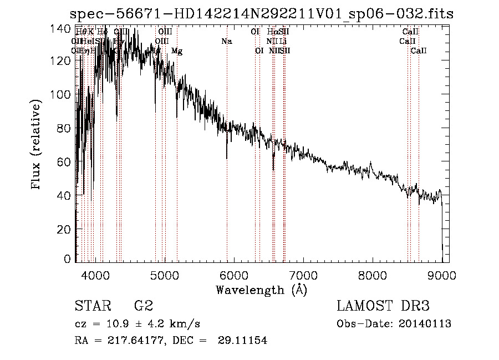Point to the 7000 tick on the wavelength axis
tap(303, 275)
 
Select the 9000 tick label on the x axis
tap(441, 275)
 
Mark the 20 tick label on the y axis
tap(65, 229)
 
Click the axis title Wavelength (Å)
tap(261, 290)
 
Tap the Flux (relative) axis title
tap(37, 145)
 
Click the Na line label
tap(226, 42)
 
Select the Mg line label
tap(177, 51)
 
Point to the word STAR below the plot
tap(91, 306)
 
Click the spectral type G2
tap(144, 306)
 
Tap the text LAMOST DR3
tap(383, 306)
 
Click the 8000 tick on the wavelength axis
tap(372, 275)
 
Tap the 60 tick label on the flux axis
tap(65, 162)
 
